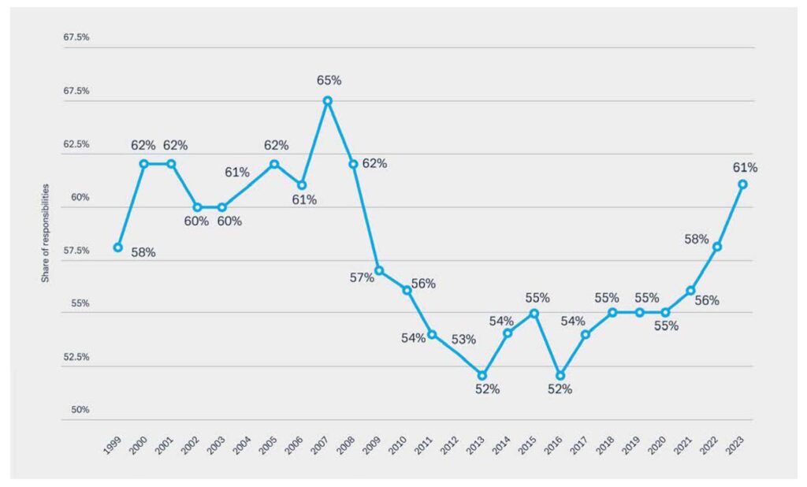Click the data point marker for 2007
tap(328, 101)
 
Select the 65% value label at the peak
tap(329, 80)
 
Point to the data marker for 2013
tap(482, 375)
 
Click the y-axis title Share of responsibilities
tap(46, 233)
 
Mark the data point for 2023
tap(742, 184)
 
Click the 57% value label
tap(362, 277)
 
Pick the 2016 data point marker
tap(560, 375)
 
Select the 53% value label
tap(464, 340)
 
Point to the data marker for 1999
tap(118, 247)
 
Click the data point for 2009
tap(379, 270)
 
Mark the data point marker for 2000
tap(144, 164)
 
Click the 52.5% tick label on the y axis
tap(76, 357)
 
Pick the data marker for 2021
tap(690, 291)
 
